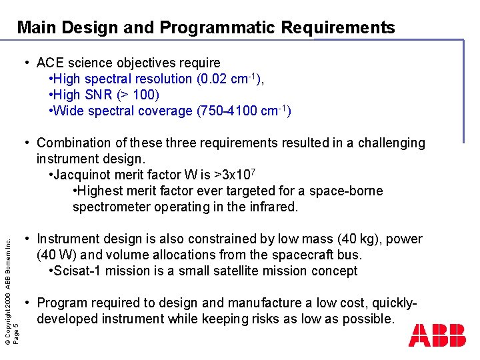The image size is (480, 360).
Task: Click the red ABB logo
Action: pyautogui.click(x=437, y=335)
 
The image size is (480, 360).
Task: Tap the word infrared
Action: pyautogui.click(x=269, y=207)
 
